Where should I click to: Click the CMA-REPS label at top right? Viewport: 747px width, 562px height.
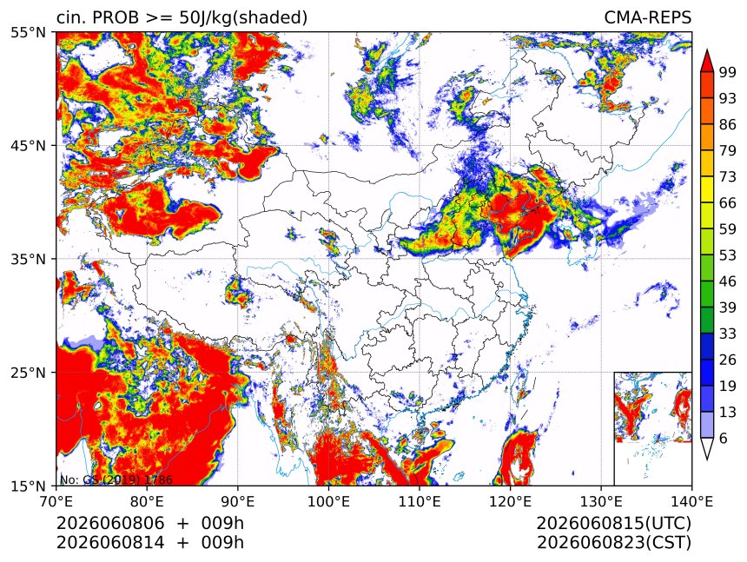pyautogui.click(x=647, y=17)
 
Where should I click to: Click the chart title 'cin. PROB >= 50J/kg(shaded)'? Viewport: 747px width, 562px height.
pyautogui.click(x=182, y=17)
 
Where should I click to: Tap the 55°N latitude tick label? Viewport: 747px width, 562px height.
pyautogui.click(x=28, y=32)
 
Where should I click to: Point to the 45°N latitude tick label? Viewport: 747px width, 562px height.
pyautogui.click(x=28, y=145)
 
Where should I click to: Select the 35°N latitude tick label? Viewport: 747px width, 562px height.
pyautogui.click(x=28, y=259)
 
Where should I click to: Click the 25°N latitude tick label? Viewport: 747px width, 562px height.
pyautogui.click(x=28, y=372)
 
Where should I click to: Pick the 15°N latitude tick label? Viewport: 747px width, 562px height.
pyautogui.click(x=28, y=486)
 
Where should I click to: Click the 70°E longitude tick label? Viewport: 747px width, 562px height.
pyautogui.click(x=56, y=501)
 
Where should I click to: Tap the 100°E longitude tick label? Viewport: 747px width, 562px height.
pyautogui.click(x=328, y=501)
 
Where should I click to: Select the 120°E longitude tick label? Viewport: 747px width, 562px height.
pyautogui.click(x=510, y=501)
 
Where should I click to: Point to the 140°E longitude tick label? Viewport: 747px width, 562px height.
pyautogui.click(x=691, y=501)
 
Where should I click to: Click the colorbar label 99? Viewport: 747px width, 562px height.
pyautogui.click(x=728, y=72)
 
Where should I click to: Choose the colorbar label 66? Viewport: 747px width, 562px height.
pyautogui.click(x=728, y=203)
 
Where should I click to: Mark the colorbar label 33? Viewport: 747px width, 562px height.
pyautogui.click(x=728, y=334)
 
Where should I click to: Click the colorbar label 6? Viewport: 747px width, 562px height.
pyautogui.click(x=724, y=438)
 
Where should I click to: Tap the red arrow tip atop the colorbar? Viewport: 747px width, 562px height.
pyautogui.click(x=706, y=50)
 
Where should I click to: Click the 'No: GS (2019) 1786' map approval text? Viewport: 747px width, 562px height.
pyautogui.click(x=116, y=479)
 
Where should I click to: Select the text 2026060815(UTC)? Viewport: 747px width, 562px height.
pyautogui.click(x=613, y=524)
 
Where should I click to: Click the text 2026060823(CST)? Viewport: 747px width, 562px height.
pyautogui.click(x=613, y=543)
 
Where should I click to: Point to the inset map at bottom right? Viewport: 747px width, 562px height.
pyautogui.click(x=652, y=428)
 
